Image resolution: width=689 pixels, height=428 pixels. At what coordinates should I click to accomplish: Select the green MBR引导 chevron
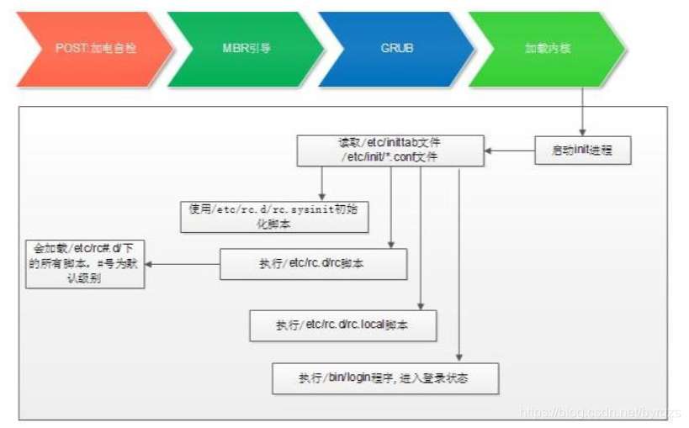pos(240,49)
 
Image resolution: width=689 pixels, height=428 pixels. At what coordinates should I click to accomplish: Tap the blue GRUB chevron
pos(395,49)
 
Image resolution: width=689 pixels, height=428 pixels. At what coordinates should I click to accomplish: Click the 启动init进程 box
pos(582,150)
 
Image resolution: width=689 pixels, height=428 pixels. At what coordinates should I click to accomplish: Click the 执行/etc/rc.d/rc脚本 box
pos(313,264)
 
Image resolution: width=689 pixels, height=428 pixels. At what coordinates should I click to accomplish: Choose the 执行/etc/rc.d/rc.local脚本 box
pos(342,325)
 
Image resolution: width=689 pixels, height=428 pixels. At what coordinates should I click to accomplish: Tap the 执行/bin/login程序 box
pos(384,378)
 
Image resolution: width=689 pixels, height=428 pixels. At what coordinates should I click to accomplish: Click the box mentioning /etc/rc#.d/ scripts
pos(84,264)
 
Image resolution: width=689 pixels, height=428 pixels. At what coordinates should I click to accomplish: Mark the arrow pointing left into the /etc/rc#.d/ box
pos(181,264)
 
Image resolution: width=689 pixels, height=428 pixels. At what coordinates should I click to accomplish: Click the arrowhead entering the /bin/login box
pos(459,358)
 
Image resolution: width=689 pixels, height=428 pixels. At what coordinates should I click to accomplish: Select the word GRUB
pos(395,49)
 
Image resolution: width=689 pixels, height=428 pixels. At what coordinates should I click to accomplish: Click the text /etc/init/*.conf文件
pos(389,156)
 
